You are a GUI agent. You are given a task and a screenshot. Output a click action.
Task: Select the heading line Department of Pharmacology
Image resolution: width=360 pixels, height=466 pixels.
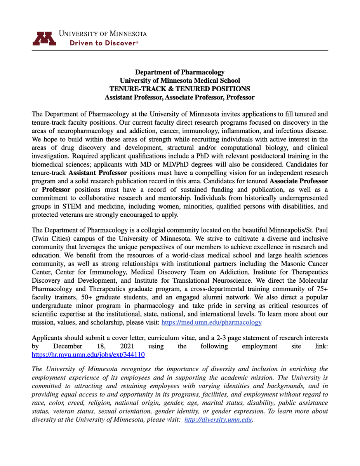[179, 72]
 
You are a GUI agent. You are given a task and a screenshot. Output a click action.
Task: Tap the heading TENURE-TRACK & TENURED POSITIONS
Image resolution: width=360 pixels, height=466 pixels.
[179, 89]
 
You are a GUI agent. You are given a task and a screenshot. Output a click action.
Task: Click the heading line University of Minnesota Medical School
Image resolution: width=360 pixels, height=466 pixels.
[179, 81]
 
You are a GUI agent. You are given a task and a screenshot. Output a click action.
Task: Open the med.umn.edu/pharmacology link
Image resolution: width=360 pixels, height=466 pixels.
[211, 322]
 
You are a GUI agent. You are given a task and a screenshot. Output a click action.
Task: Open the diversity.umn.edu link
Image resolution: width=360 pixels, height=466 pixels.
[219, 420]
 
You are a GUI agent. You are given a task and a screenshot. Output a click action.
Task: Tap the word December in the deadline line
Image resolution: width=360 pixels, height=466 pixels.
[68, 346]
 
